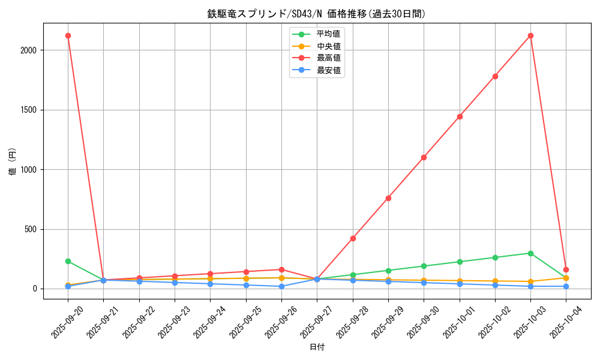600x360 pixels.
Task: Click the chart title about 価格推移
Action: click(316, 14)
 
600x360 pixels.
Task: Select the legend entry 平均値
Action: click(328, 34)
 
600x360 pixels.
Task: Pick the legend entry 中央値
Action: click(328, 46)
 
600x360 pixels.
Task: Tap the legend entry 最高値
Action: click(328, 58)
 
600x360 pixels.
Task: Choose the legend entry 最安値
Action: click(328, 71)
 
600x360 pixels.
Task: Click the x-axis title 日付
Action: click(317, 347)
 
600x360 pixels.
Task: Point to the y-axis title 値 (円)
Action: click(12, 162)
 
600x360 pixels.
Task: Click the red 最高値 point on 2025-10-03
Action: click(530, 35)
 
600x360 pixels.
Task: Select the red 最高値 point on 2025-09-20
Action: click(68, 35)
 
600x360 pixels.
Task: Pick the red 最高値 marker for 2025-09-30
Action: click(424, 157)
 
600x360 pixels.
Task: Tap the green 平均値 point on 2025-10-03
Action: click(530, 253)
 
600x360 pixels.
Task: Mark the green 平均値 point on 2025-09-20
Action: click(68, 261)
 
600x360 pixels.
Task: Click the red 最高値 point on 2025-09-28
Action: click(353, 238)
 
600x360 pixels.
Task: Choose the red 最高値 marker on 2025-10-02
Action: click(495, 76)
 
